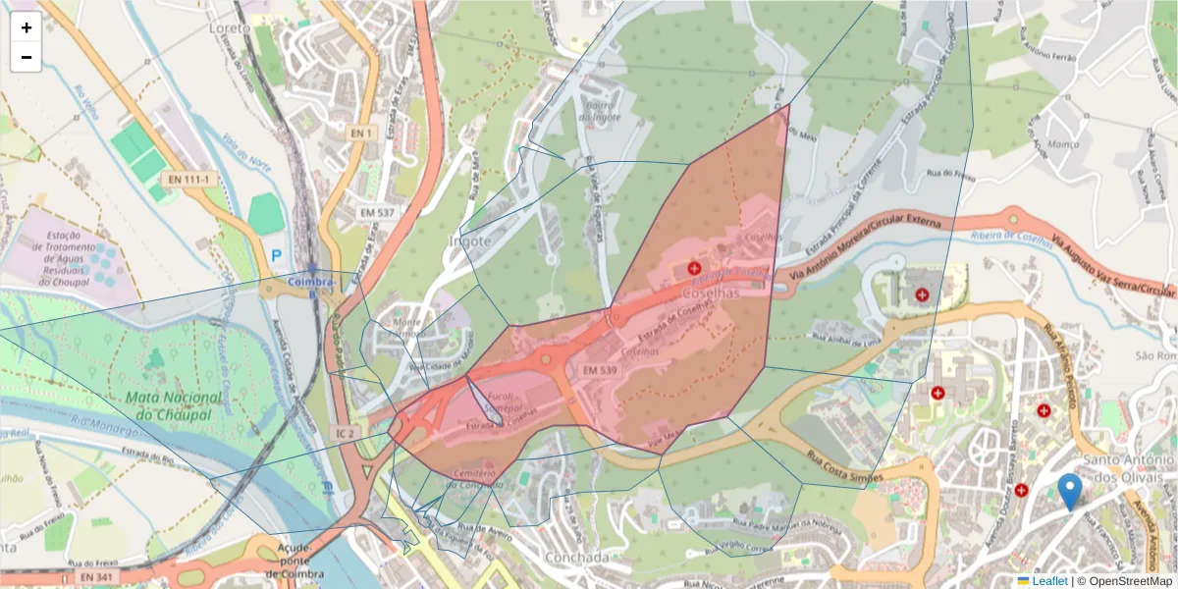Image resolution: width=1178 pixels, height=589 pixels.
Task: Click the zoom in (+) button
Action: (x=27, y=27)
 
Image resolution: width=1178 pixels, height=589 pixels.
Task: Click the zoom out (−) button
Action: (x=27, y=57)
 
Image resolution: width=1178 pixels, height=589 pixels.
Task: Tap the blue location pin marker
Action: (x=1071, y=491)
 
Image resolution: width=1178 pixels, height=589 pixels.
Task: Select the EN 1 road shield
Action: (x=362, y=133)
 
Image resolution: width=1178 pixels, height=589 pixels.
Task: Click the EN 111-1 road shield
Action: (x=189, y=180)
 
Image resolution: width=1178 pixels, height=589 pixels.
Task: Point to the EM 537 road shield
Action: (x=376, y=212)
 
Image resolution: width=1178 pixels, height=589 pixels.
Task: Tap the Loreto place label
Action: (x=231, y=28)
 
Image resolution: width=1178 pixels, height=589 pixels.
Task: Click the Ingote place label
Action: (x=468, y=241)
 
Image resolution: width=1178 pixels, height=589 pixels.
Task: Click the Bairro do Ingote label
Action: (x=599, y=110)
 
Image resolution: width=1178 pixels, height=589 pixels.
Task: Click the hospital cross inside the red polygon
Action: (x=695, y=267)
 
